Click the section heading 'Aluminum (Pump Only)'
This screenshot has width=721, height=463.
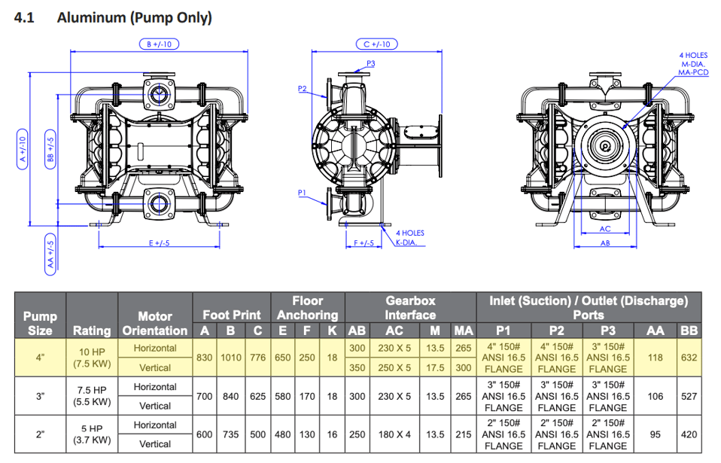click(134, 17)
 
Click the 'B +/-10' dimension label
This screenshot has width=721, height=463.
click(159, 44)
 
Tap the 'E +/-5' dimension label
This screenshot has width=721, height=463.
click(160, 242)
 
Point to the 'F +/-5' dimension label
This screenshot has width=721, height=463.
click(364, 242)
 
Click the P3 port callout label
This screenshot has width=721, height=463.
click(370, 63)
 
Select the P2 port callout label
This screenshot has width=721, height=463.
click(303, 89)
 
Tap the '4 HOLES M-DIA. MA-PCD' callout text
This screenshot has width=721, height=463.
click(693, 64)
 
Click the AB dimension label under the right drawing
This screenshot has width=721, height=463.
click(605, 242)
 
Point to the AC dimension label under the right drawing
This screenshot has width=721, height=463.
click(605, 228)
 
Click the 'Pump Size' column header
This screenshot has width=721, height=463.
click(40, 323)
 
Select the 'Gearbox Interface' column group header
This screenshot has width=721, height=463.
click(410, 307)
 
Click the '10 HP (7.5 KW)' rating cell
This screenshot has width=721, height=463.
click(92, 358)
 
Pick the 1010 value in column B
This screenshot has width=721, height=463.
click(230, 358)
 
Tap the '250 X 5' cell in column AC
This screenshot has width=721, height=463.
click(394, 368)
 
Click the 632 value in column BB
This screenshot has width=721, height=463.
click(689, 358)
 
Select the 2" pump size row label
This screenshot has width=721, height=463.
click(40, 434)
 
